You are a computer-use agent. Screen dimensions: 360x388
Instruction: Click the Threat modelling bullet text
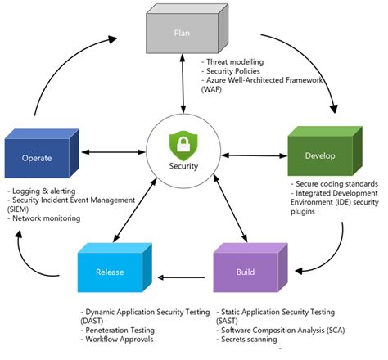(x=237, y=61)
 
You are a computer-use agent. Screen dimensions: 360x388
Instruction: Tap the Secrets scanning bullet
(x=250, y=340)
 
